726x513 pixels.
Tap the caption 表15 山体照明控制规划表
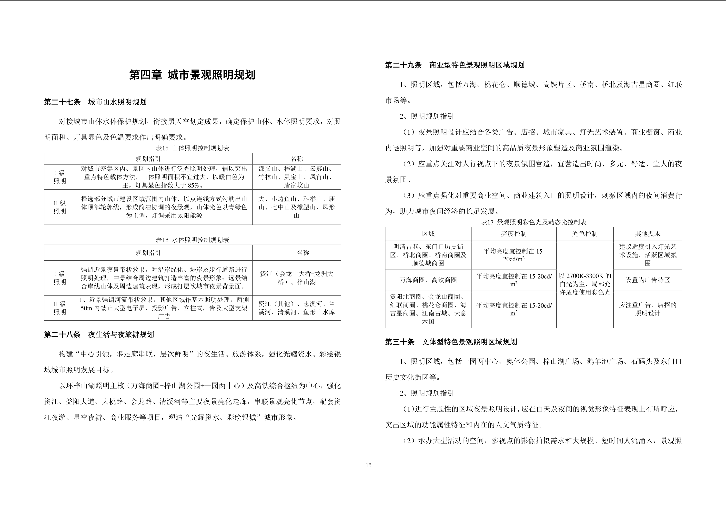[192, 148]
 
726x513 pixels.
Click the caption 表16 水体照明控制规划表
[192, 240]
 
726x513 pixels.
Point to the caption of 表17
[534, 222]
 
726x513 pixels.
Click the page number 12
[368, 465]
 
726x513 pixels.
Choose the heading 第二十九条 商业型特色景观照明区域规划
[454, 65]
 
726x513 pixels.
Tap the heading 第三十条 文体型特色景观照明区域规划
[451, 342]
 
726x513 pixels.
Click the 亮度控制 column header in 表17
[514, 234]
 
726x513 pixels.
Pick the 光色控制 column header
[585, 234]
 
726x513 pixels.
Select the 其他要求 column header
[648, 234]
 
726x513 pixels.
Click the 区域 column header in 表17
[428, 234]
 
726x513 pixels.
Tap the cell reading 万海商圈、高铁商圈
[428, 280]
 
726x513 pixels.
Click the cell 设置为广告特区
[648, 280]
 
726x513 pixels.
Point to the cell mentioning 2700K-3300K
[585, 284]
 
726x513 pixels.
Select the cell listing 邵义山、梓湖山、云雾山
[296, 177]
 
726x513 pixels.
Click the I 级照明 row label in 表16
[60, 278]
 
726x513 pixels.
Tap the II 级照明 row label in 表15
[60, 207]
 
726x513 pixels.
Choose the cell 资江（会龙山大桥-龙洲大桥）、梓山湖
[296, 278]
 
